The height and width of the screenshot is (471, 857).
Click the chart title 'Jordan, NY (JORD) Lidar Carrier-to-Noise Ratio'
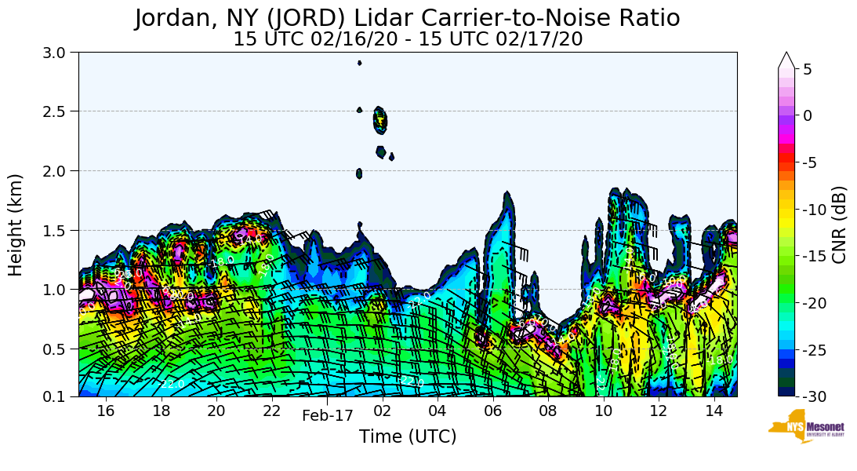click(x=407, y=18)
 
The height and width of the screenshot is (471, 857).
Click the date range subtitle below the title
click(x=407, y=39)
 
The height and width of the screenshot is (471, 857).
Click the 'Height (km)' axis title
click(x=16, y=225)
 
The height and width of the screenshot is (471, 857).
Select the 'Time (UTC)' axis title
click(x=407, y=437)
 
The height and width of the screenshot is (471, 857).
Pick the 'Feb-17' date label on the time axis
click(x=328, y=416)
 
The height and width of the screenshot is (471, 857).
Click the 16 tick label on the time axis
click(x=106, y=411)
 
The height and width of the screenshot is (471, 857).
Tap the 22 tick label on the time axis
click(x=272, y=411)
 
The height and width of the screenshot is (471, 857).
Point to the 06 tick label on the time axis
click(x=493, y=411)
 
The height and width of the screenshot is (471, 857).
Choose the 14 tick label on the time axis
click(x=714, y=411)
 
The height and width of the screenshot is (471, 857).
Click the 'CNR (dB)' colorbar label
click(x=839, y=225)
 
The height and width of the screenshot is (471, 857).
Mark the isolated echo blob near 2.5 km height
click(x=380, y=119)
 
